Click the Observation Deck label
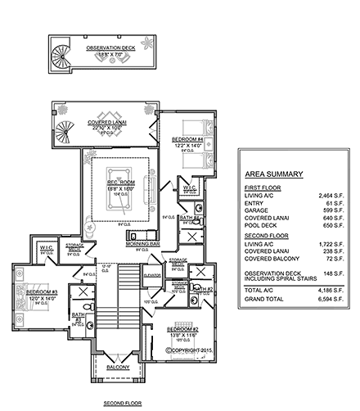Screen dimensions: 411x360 coord(112,47)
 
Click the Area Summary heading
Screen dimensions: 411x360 coord(275,174)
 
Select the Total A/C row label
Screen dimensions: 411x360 coord(260,291)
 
